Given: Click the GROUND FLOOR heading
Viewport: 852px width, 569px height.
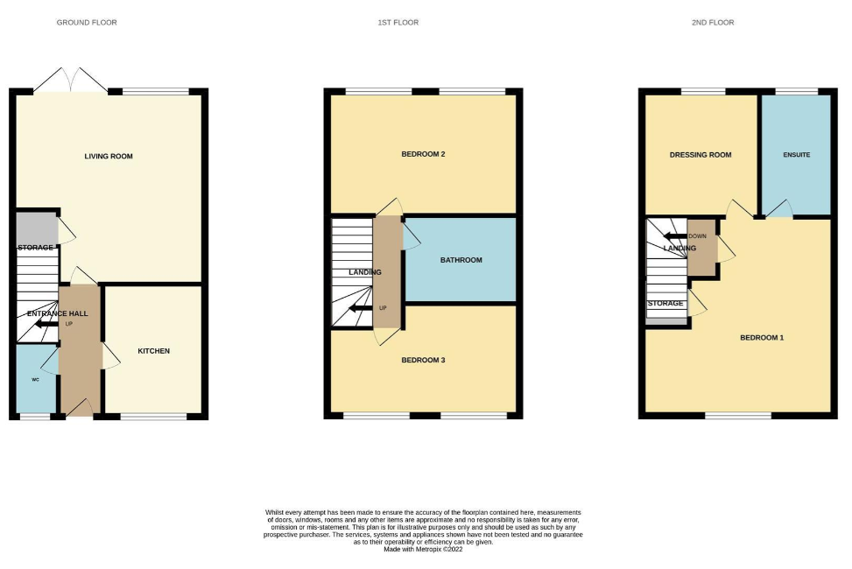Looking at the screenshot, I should (x=87, y=22).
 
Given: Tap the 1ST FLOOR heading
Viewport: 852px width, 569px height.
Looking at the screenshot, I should (x=391, y=22).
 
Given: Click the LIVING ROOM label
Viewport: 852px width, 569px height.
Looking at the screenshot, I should (x=109, y=157).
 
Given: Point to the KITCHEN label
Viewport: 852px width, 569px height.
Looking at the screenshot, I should (x=153, y=351).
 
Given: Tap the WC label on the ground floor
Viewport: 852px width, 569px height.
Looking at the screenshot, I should (x=36, y=380).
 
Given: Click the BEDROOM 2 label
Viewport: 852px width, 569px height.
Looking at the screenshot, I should (x=423, y=155).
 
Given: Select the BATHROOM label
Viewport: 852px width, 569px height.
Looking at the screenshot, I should (x=461, y=260).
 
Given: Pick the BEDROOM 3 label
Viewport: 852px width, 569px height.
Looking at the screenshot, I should (x=423, y=360).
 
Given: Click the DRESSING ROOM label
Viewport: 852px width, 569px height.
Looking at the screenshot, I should (x=700, y=155).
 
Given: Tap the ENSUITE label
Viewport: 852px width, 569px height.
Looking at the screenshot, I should (x=796, y=155).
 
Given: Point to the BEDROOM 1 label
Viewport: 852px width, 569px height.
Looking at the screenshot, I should (x=761, y=337).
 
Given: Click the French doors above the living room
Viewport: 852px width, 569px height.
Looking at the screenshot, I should (x=72, y=81).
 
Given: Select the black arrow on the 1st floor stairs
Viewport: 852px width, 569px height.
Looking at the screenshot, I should (x=359, y=308).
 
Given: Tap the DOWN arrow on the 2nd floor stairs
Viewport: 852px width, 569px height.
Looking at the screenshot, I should (x=675, y=235).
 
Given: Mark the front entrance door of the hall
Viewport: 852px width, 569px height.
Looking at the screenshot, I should (x=80, y=409).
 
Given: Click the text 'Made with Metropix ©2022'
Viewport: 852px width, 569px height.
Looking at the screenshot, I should (x=423, y=548).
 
